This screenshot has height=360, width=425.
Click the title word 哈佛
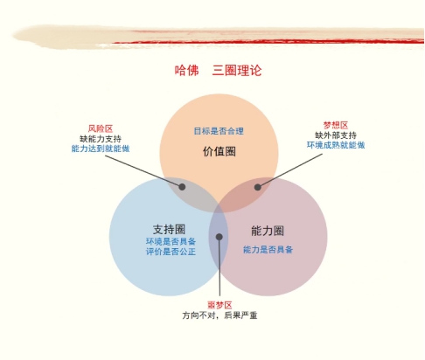pyautogui.click(x=186, y=71)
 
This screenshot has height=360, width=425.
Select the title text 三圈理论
pyautogui.click(x=237, y=71)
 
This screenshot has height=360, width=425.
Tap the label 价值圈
pyautogui.click(x=219, y=151)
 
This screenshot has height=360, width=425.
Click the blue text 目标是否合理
pyautogui.click(x=219, y=131)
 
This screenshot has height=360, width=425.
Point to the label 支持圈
pyautogui.click(x=169, y=229)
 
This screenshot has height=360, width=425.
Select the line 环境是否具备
pyautogui.click(x=171, y=241)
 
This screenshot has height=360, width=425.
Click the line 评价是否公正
pyautogui.click(x=171, y=252)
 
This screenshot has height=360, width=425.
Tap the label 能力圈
pyautogui.click(x=268, y=231)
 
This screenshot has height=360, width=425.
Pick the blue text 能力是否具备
pyautogui.click(x=268, y=250)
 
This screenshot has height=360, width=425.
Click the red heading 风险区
pyautogui.click(x=101, y=128)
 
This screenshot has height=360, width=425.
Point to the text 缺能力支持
pyautogui.click(x=101, y=139)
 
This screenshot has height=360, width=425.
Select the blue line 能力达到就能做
pyautogui.click(x=101, y=149)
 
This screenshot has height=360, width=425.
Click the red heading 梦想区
pyautogui.click(x=336, y=125)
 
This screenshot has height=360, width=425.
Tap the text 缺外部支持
pyautogui.click(x=336, y=135)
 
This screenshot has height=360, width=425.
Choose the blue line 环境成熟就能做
pyautogui.click(x=336, y=145)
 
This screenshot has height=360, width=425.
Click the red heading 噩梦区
pyautogui.click(x=219, y=305)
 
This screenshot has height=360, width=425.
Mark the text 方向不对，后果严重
pyautogui.click(x=219, y=315)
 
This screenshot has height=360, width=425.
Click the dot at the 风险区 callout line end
pyautogui.click(x=182, y=187)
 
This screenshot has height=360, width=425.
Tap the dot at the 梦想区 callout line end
pyautogui.click(x=257, y=187)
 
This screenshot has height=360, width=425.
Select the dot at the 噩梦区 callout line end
pyautogui.click(x=219, y=237)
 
